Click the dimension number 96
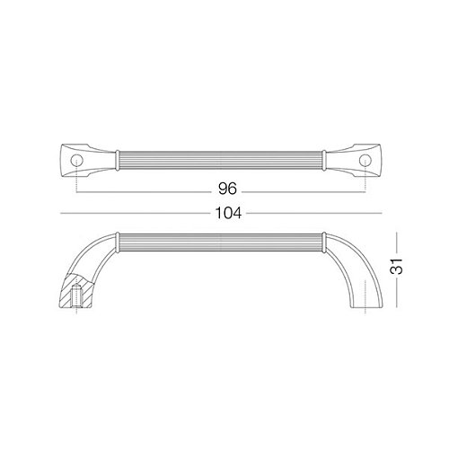click(227, 189)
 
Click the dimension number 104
click(228, 213)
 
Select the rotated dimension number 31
click(397, 266)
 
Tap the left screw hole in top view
click(76, 160)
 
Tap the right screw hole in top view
click(365, 160)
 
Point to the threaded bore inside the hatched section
click(77, 296)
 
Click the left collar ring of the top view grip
click(118, 161)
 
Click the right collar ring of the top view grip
click(324, 161)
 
